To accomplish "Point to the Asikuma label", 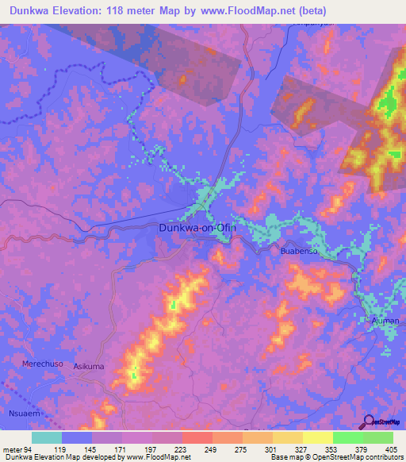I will [88, 367].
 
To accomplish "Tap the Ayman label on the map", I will [385, 321].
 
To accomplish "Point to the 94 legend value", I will [31, 449].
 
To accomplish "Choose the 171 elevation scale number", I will [121, 449].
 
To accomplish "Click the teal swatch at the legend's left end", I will [47, 437].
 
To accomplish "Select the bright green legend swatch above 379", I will [348, 437].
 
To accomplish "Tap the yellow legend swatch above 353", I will [318, 437].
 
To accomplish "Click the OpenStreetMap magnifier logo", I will [368, 422].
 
